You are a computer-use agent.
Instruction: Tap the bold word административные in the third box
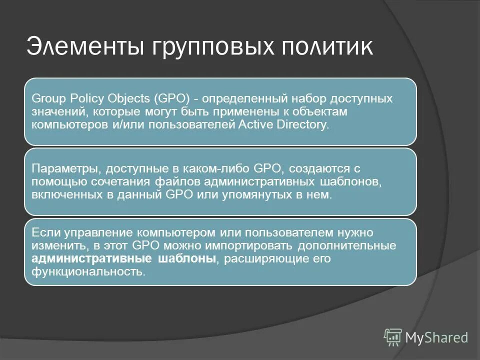tap(92, 259)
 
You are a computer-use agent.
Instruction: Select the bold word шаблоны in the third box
tap(187, 259)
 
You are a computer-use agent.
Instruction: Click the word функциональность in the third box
tap(88, 272)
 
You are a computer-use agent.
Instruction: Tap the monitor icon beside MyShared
tap(393, 337)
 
